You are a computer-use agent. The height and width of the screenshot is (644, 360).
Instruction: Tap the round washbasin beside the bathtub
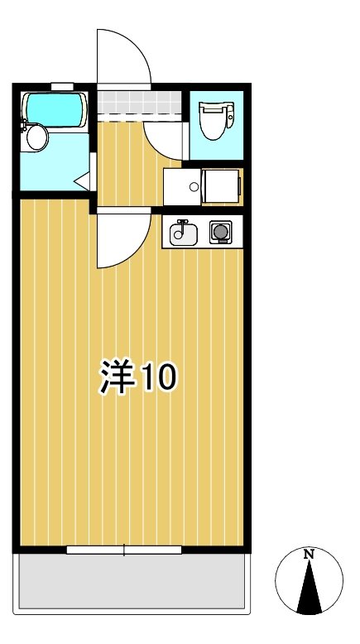point(36,137)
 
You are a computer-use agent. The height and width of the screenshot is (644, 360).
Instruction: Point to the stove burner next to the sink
point(220,233)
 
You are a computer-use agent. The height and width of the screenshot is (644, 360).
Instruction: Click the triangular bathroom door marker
point(83,180)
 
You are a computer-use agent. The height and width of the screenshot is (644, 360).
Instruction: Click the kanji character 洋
point(117,377)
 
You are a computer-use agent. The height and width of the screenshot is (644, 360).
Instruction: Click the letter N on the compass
point(308,554)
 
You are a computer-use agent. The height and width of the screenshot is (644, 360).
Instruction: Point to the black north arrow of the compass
point(309,592)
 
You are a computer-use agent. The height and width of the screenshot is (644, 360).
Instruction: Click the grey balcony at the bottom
point(132,583)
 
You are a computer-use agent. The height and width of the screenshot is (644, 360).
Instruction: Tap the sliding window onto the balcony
point(124,549)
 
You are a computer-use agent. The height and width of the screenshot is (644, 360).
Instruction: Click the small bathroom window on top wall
point(62,85)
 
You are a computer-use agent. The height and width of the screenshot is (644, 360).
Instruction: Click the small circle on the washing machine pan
point(194,186)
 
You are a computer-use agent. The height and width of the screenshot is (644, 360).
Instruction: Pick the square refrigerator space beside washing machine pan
point(221,186)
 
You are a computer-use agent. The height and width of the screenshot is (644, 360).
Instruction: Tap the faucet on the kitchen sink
point(182,225)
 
